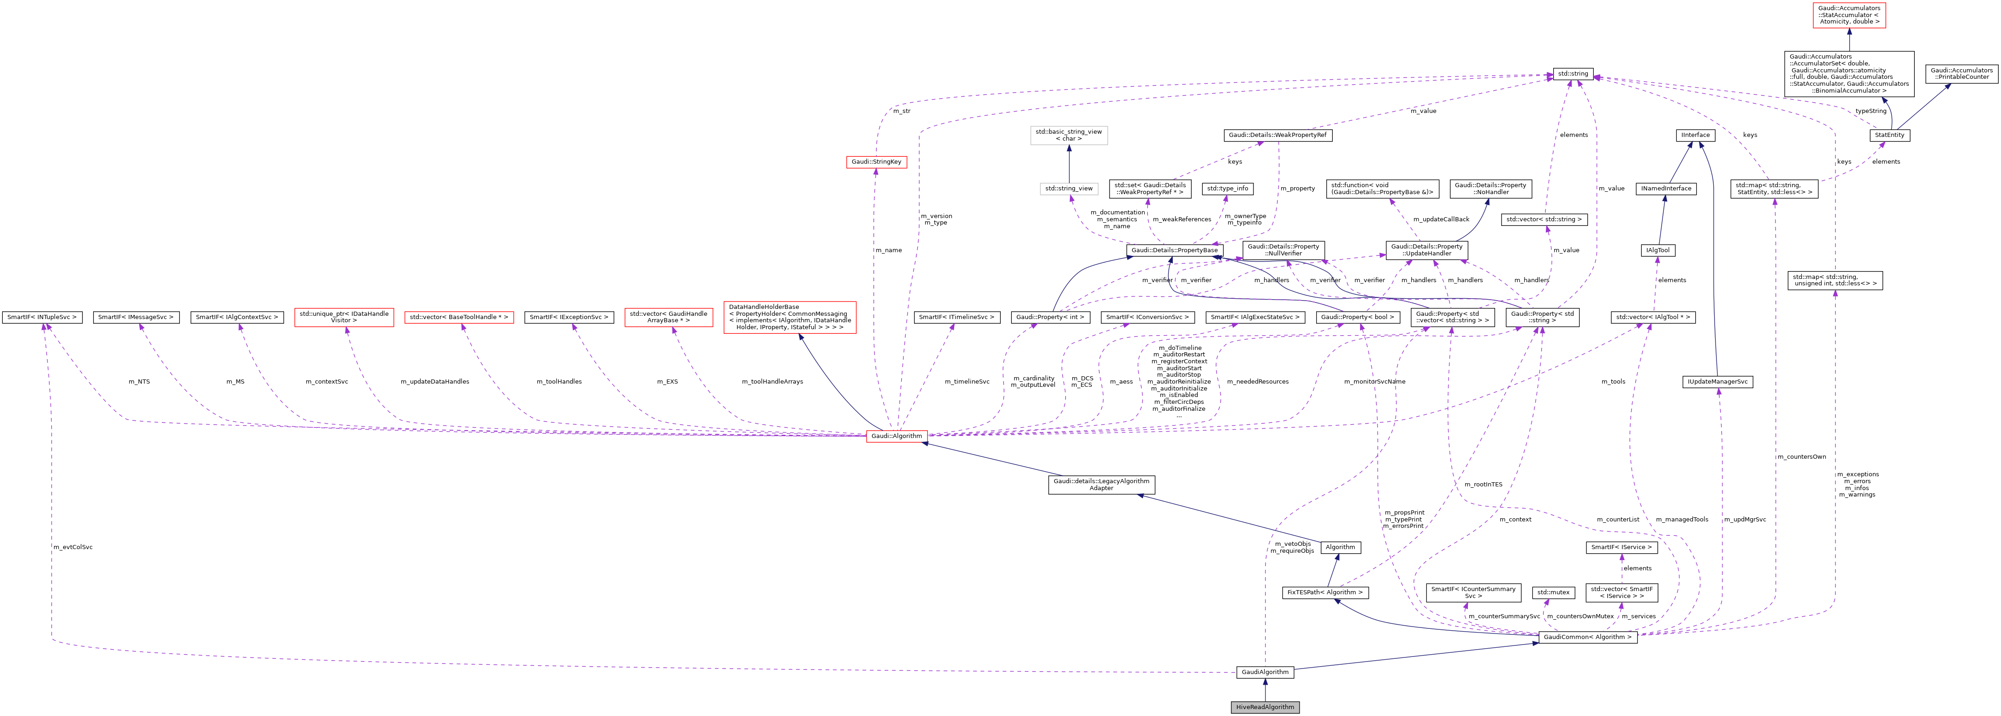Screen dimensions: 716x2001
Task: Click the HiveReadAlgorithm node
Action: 1265,707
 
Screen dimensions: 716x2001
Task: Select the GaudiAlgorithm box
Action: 1265,672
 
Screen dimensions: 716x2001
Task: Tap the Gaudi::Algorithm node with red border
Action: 897,436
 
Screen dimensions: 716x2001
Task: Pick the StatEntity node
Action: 1889,135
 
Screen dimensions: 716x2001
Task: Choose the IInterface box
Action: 1696,135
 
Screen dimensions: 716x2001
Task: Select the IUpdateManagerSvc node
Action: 1717,382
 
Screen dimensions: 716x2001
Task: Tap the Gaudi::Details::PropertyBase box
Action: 1175,250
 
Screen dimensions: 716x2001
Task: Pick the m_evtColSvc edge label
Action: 73,547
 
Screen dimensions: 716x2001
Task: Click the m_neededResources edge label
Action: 1258,381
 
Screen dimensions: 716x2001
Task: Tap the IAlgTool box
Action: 1657,250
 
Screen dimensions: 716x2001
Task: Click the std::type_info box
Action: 1227,189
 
